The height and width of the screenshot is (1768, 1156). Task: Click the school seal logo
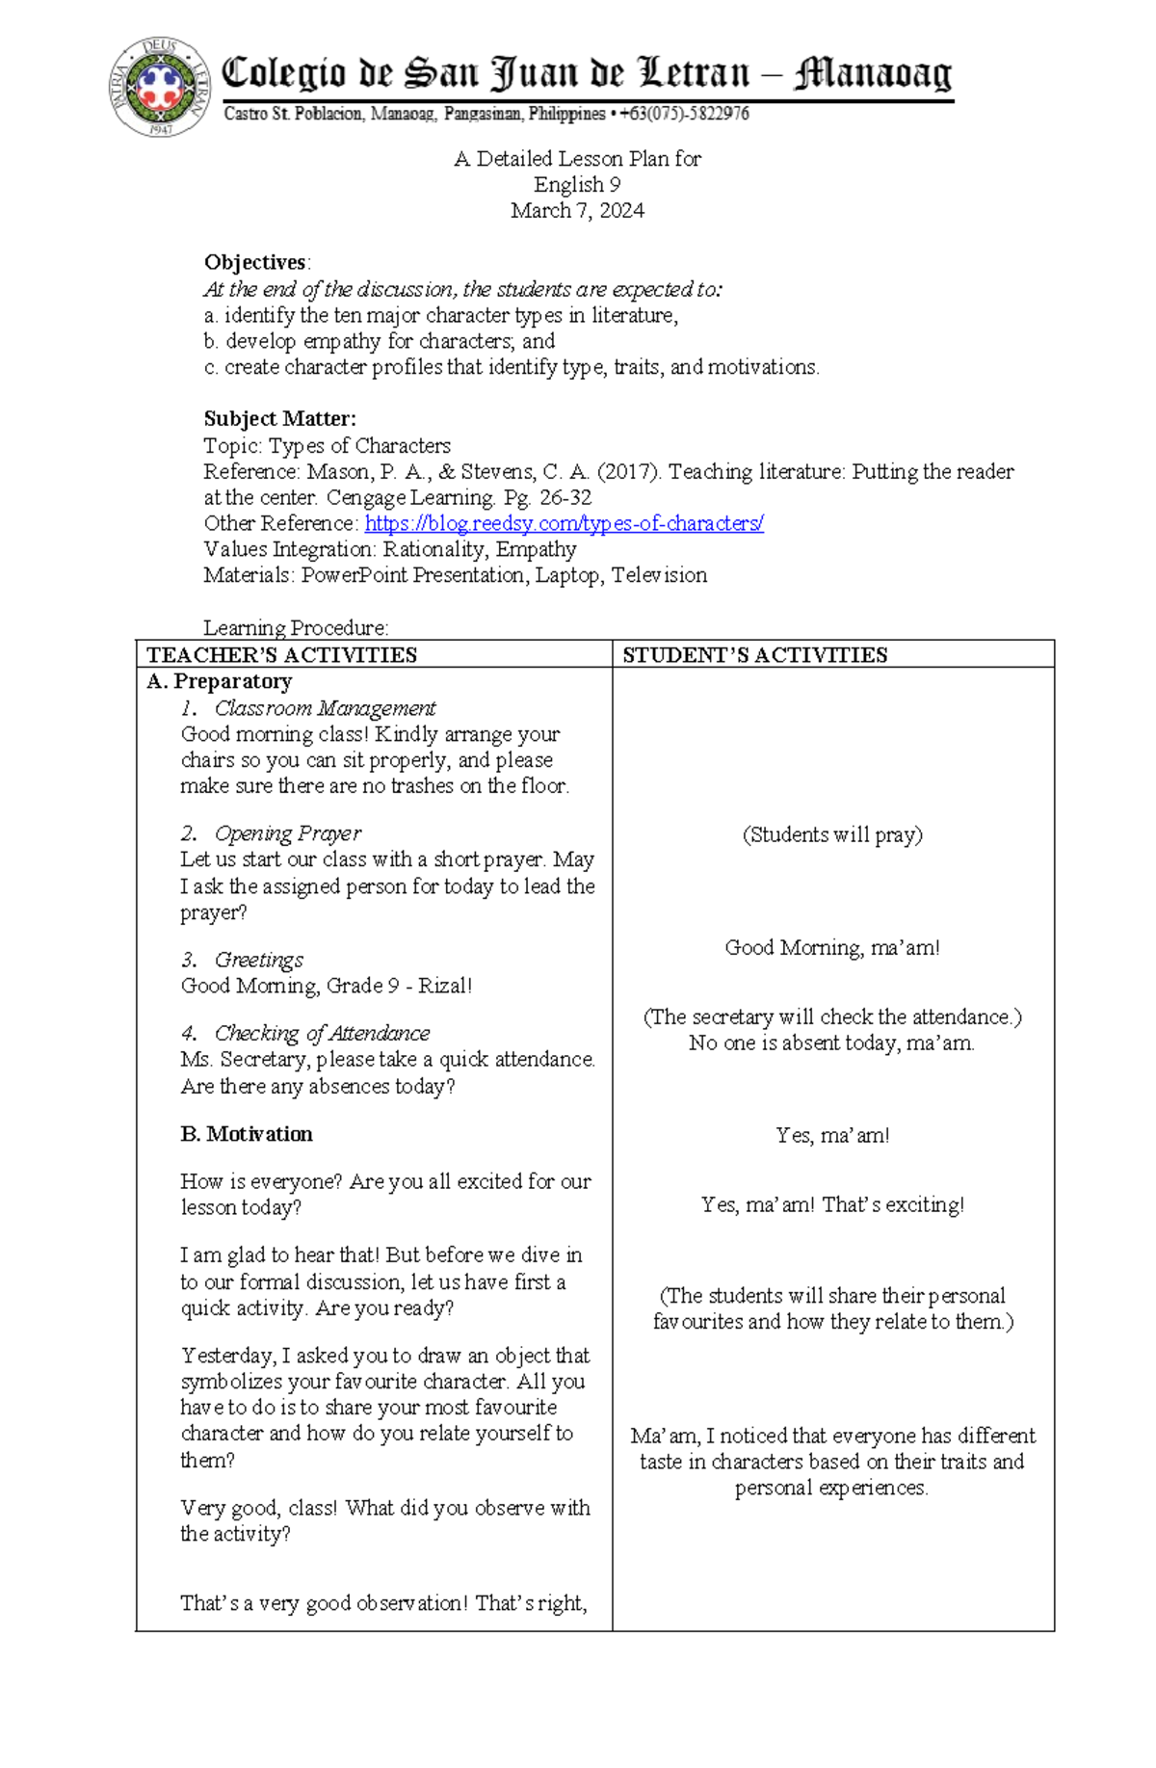pyautogui.click(x=160, y=87)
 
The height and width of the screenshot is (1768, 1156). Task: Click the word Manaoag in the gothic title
pyautogui.click(x=873, y=73)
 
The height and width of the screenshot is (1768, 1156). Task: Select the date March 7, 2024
pyautogui.click(x=577, y=211)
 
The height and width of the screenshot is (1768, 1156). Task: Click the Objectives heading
pyautogui.click(x=255, y=263)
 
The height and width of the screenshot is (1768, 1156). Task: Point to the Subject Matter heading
pyautogui.click(x=279, y=419)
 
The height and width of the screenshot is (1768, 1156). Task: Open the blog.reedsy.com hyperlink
pyautogui.click(x=564, y=523)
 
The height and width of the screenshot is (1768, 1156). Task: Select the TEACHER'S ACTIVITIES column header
pyautogui.click(x=281, y=655)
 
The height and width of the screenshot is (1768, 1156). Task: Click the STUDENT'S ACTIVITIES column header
pyautogui.click(x=754, y=655)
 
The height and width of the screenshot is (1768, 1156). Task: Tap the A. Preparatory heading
pyautogui.click(x=219, y=681)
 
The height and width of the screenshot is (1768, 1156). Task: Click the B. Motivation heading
pyautogui.click(x=247, y=1134)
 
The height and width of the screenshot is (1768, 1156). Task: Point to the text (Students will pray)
pyautogui.click(x=832, y=834)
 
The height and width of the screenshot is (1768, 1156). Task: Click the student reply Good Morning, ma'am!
pyautogui.click(x=832, y=948)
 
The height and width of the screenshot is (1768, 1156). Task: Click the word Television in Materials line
pyautogui.click(x=659, y=575)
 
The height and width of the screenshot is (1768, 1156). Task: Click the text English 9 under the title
pyautogui.click(x=577, y=185)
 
